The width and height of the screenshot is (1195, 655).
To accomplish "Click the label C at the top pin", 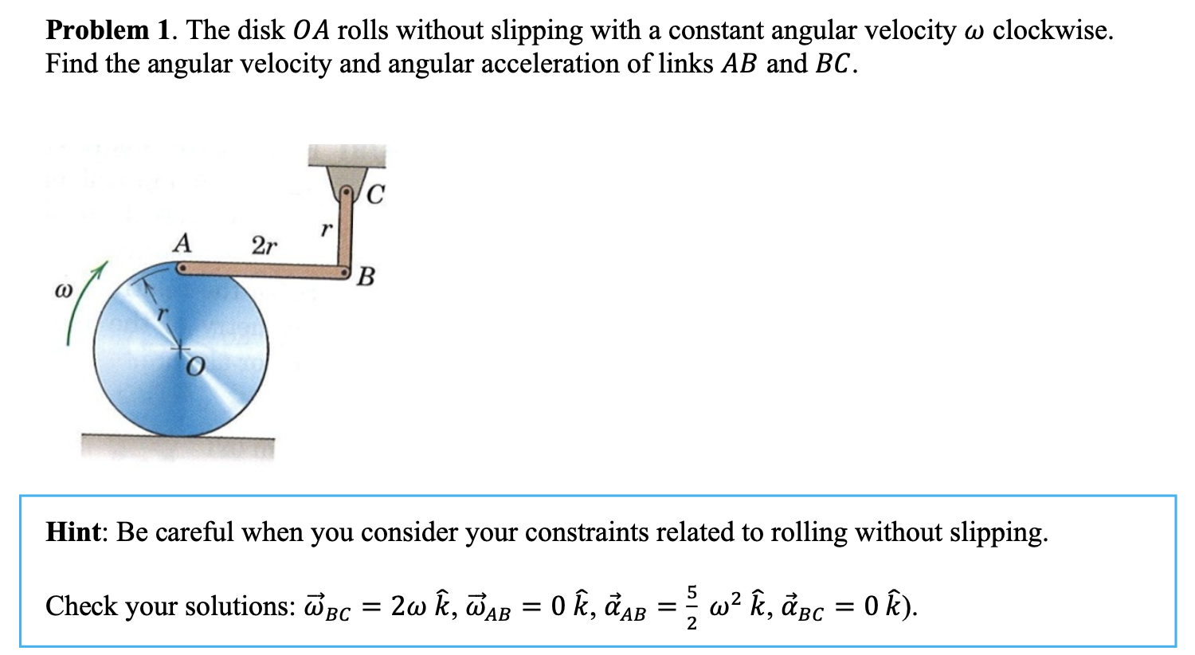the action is [377, 194].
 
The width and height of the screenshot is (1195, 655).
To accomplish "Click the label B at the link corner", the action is [366, 277].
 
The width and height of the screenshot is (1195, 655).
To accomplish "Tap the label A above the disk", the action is [182, 242].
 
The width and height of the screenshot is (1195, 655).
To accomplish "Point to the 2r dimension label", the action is [264, 245].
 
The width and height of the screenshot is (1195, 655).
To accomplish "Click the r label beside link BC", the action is [325, 229].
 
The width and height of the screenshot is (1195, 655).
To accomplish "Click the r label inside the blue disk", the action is [163, 315].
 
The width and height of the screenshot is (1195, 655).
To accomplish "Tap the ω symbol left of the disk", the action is [61, 292].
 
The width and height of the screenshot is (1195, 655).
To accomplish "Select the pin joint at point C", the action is [347, 192].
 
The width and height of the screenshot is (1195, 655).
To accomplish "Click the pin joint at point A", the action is [182, 270].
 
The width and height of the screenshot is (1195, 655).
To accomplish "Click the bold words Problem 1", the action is [108, 30].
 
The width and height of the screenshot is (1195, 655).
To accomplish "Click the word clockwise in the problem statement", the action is [1052, 30].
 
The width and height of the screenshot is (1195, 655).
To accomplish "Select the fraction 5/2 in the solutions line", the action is [692, 606].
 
